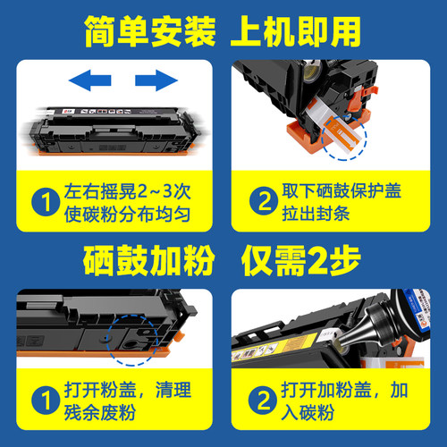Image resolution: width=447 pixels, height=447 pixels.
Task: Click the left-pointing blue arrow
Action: (x=93, y=81)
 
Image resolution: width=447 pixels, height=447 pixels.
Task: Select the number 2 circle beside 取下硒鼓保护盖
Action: (x=259, y=203)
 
